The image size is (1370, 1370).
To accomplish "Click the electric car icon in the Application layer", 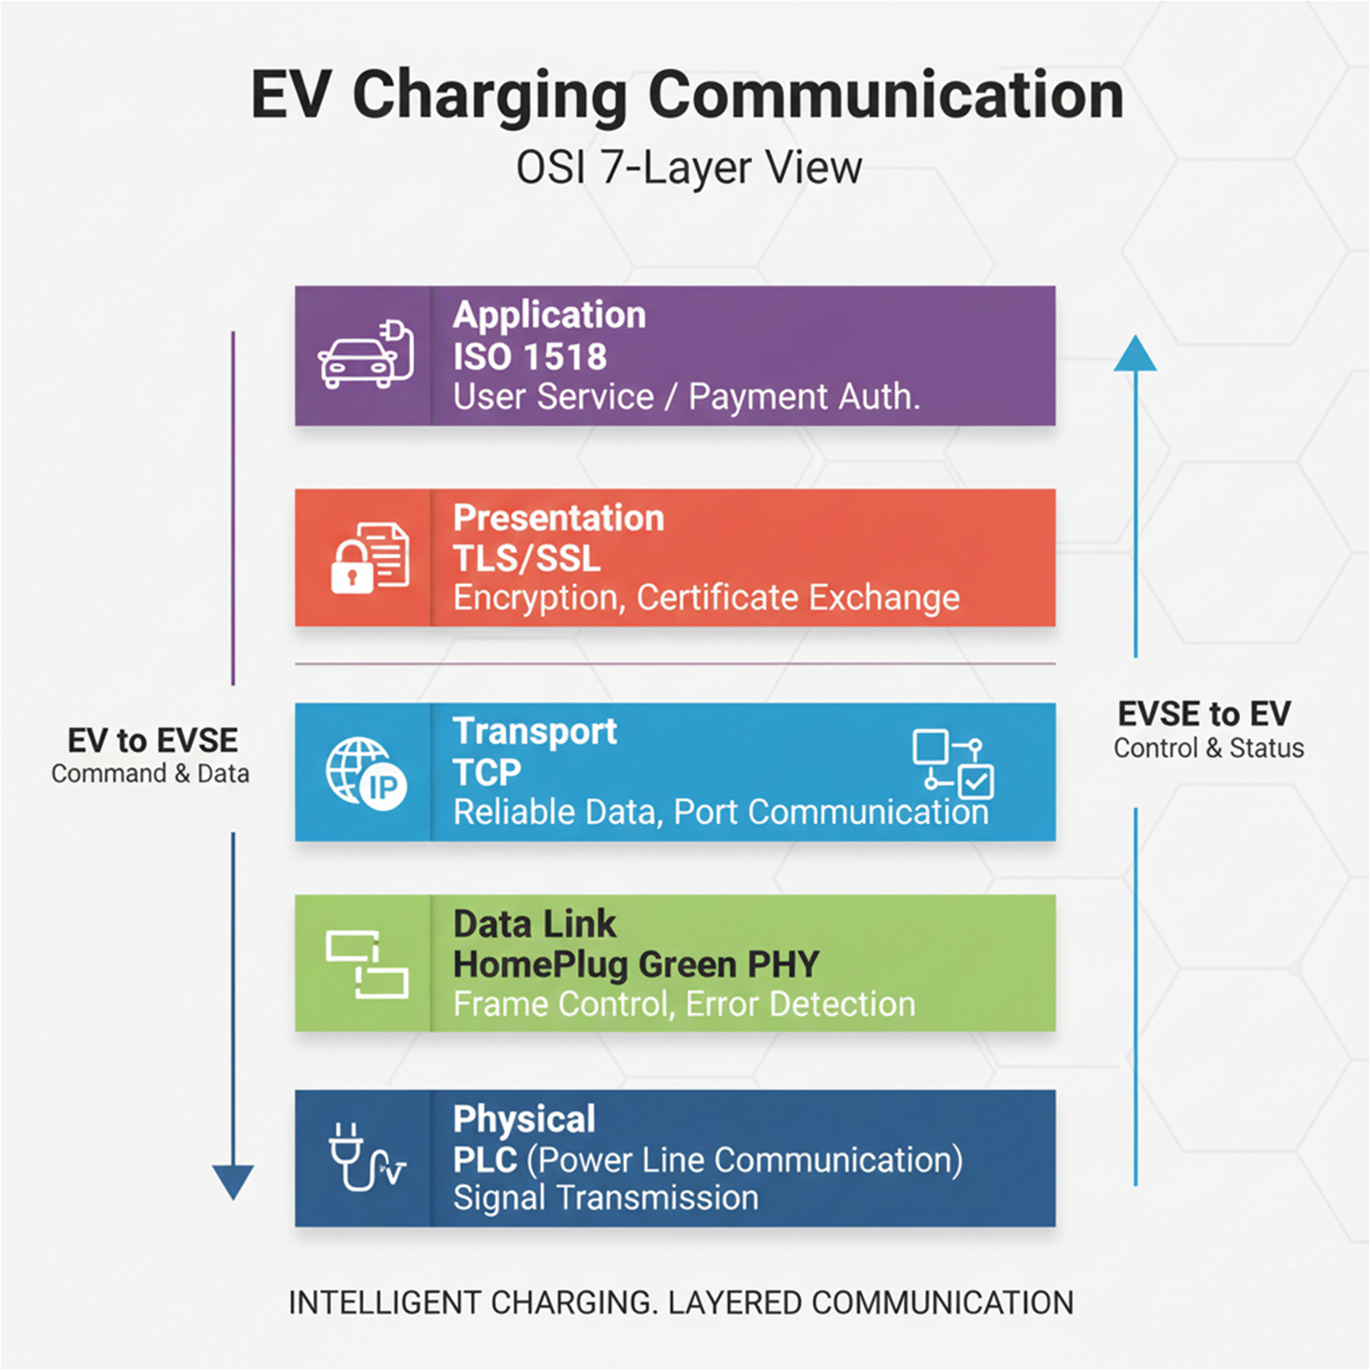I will [365, 356].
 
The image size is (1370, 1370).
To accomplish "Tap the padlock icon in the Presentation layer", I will [352, 566].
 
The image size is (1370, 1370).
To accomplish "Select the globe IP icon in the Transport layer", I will [366, 771].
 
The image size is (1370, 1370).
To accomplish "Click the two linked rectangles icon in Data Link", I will [367, 964].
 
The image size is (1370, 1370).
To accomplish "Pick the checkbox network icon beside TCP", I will [953, 763].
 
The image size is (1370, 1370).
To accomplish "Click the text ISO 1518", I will [530, 357].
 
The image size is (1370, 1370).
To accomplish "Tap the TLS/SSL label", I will [527, 558].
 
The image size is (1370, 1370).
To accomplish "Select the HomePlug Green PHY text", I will [636, 965].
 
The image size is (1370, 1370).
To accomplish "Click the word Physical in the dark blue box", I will [524, 1119].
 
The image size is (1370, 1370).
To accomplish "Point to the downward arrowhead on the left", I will [233, 1181].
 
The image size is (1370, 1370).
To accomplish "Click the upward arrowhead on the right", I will [1135, 354].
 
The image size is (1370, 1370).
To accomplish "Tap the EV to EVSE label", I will [153, 741].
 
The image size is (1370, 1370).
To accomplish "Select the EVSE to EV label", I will [1204, 714].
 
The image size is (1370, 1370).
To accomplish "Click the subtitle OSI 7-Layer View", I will [689, 168].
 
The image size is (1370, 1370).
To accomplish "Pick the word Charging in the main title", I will [490, 96].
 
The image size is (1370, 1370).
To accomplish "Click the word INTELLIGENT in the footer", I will [384, 1302].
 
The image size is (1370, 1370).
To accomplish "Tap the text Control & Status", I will [1208, 748].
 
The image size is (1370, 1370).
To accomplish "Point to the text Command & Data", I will [151, 774].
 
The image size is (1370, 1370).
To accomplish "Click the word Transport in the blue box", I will [535, 732].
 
